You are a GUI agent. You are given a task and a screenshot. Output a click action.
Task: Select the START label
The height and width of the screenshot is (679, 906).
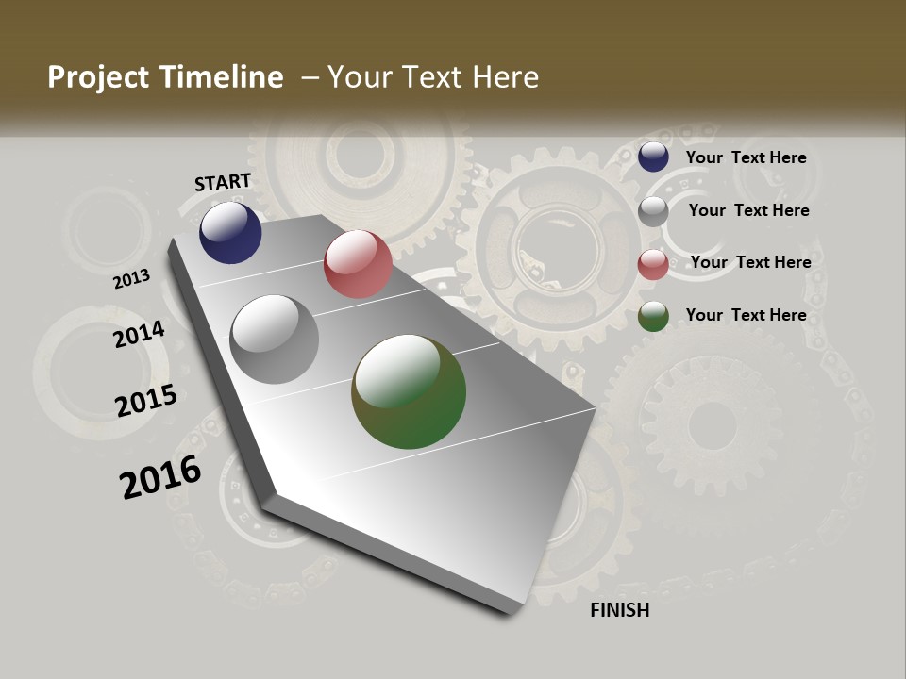[223, 182]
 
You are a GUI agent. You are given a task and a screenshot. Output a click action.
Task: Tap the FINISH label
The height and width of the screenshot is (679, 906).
[620, 610]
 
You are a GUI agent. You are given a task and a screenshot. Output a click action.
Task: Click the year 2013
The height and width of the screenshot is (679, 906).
[131, 279]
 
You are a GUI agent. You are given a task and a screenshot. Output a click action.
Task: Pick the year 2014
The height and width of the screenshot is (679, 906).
[139, 334]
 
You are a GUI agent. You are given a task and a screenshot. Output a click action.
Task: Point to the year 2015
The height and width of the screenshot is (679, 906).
[146, 401]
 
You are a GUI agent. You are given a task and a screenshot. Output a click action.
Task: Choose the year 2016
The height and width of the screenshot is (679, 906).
[160, 476]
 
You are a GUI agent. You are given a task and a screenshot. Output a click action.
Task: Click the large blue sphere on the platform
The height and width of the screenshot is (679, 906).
[230, 232]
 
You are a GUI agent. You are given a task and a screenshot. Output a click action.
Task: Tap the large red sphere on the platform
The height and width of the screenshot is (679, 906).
[358, 264]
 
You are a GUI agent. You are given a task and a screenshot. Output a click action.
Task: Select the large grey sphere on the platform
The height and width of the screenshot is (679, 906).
[275, 339]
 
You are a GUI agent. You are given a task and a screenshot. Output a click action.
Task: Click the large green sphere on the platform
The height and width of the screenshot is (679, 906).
[409, 391]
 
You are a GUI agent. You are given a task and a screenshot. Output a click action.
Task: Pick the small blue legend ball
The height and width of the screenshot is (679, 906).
[653, 157]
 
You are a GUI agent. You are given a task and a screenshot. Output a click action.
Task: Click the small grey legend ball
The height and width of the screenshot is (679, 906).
[653, 211]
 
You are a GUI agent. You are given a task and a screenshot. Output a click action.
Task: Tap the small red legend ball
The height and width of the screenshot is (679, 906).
[653, 264]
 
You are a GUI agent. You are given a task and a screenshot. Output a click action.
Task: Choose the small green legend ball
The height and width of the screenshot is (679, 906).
[653, 317]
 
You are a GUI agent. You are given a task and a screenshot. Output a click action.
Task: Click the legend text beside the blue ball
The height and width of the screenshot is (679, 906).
[746, 157]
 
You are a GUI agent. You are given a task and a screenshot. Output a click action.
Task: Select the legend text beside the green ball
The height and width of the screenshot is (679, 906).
[746, 315]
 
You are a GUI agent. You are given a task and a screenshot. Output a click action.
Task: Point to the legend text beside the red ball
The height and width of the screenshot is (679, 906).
[750, 262]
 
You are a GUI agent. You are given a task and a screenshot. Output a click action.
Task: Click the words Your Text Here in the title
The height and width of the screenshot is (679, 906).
[433, 77]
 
